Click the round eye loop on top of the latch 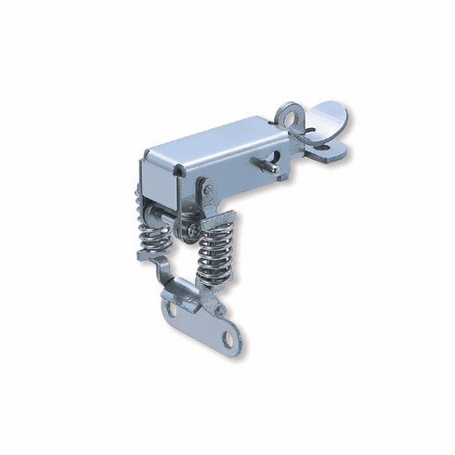290,116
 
